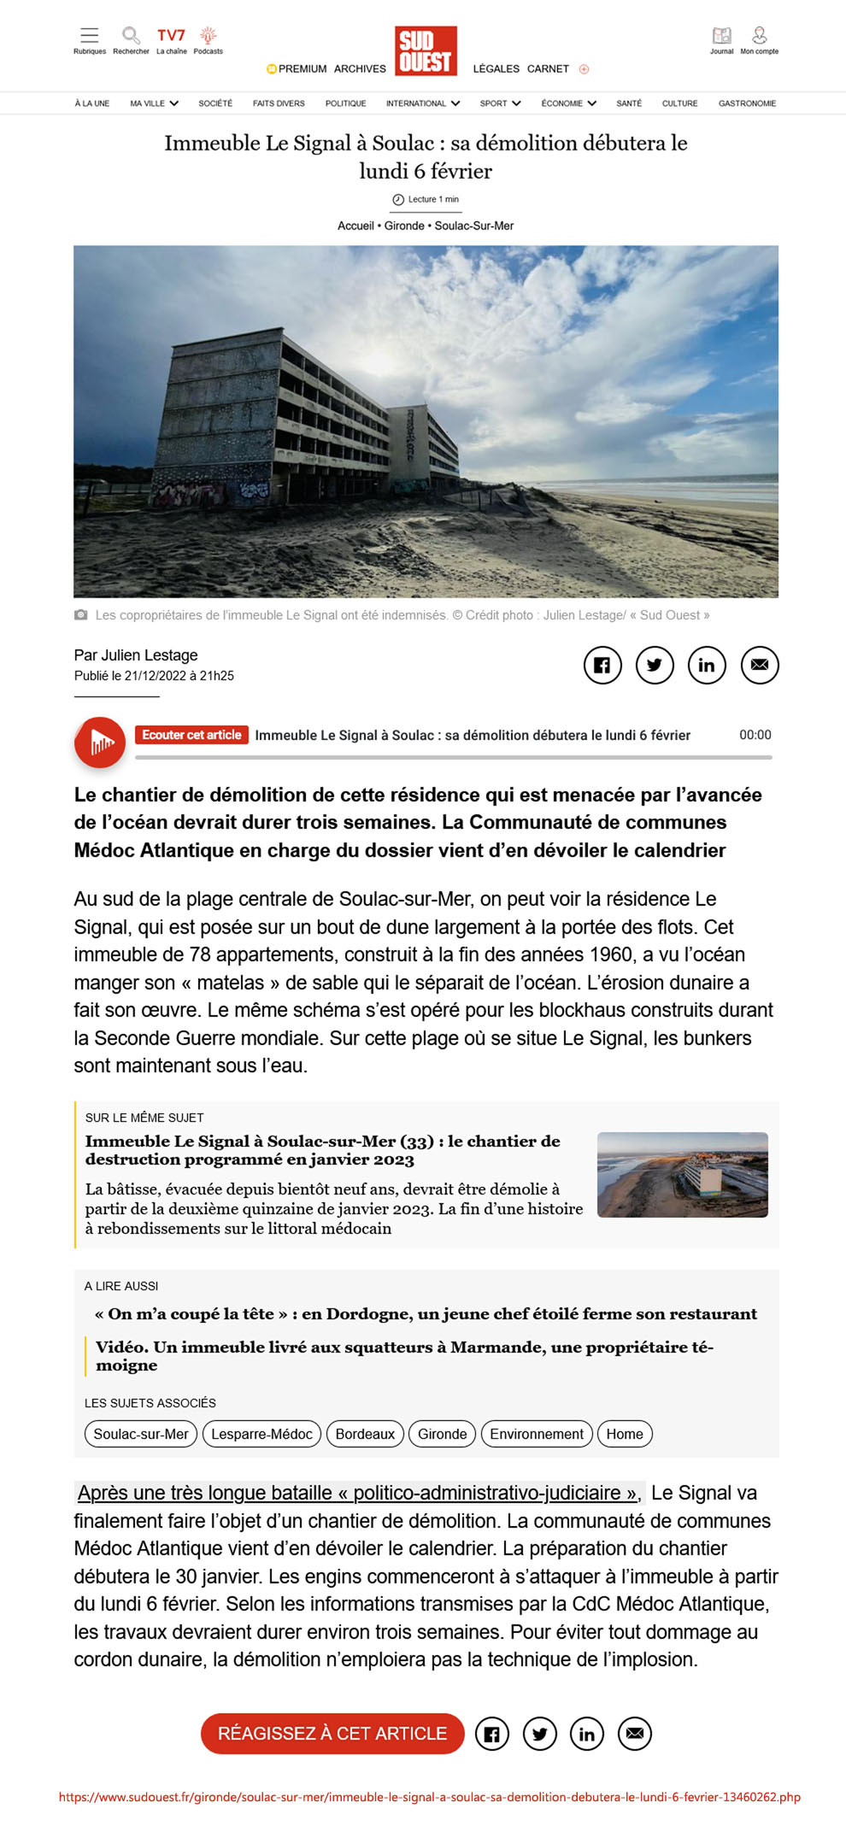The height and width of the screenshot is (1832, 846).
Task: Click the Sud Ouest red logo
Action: (x=426, y=51)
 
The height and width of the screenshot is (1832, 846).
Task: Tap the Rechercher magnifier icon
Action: (x=131, y=36)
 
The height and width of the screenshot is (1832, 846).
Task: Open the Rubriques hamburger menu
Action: (x=89, y=36)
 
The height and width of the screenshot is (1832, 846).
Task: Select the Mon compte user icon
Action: (x=759, y=36)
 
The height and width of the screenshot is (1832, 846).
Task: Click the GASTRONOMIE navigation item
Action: (x=747, y=103)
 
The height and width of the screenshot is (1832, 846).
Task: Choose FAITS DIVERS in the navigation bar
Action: (x=279, y=103)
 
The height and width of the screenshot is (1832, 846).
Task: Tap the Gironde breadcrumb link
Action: (x=404, y=226)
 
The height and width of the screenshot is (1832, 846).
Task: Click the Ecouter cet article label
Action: (x=191, y=735)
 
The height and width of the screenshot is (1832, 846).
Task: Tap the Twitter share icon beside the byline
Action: (x=655, y=665)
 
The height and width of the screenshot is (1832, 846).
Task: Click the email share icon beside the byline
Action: (x=760, y=665)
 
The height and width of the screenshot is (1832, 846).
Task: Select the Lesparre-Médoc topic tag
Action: (x=261, y=1434)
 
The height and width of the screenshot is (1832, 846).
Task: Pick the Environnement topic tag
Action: (x=537, y=1434)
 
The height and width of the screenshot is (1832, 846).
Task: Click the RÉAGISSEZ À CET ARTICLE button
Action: (x=332, y=1733)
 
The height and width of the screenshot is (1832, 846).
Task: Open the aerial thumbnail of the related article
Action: (x=682, y=1175)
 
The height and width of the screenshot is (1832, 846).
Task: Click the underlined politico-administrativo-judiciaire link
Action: (x=357, y=1493)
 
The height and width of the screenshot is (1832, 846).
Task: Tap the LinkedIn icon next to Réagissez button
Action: (x=587, y=1734)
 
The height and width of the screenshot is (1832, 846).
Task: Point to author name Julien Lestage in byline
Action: (x=150, y=655)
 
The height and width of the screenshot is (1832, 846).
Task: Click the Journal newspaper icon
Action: (x=721, y=36)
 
